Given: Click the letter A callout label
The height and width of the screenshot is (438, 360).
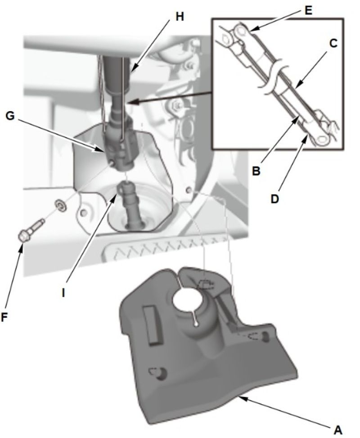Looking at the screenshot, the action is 338,429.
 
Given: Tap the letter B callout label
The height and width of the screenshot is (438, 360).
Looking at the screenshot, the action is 256,171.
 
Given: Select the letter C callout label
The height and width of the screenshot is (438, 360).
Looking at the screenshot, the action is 333,43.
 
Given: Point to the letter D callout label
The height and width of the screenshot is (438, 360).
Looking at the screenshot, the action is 275,199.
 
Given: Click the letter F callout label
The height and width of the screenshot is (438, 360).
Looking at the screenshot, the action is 5,317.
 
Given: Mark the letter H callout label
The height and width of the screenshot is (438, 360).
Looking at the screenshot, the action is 180,17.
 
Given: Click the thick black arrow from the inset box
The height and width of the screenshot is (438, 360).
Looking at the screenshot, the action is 171,97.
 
